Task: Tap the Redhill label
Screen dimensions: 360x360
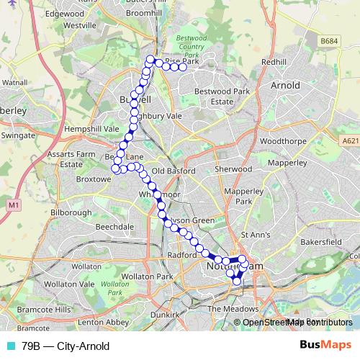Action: [x=274, y=63]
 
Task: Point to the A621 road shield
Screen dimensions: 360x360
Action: [x=350, y=141]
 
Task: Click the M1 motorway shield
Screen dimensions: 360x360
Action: [x=14, y=206]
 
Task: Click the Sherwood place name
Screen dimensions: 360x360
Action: [x=233, y=170]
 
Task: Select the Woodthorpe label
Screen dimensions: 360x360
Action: [x=279, y=141]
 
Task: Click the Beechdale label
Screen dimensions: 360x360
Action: [x=115, y=226]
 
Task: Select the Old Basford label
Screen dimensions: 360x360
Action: [x=170, y=171]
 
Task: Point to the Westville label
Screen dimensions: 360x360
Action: [x=80, y=24]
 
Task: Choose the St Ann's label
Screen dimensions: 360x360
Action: [x=255, y=235]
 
